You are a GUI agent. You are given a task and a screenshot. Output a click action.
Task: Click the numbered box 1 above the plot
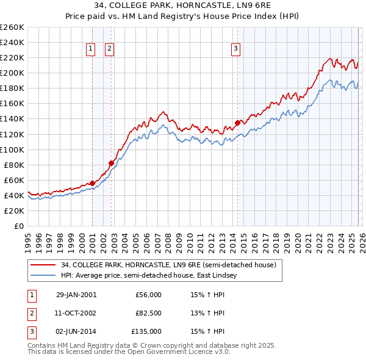90,49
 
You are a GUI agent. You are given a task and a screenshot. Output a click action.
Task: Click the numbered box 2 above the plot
109,49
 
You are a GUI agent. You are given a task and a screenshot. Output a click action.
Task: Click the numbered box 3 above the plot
235,49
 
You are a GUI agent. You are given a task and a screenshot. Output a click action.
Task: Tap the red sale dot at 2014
237,123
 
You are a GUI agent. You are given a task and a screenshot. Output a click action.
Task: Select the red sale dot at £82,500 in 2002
111,163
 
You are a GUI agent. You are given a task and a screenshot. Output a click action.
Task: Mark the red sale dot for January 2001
92,183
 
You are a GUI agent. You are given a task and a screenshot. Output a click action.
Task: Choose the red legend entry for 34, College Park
168,265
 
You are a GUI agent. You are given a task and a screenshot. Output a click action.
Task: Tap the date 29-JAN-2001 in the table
76,295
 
